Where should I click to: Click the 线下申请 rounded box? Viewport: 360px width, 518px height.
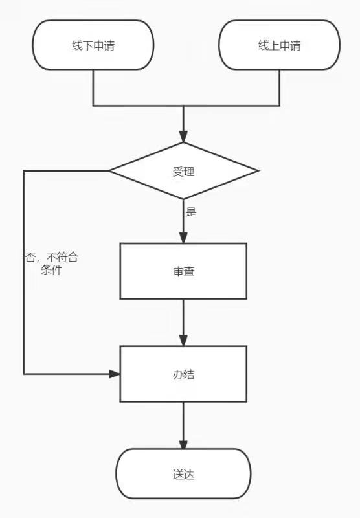[93, 45]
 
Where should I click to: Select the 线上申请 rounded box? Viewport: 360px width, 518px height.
[280, 45]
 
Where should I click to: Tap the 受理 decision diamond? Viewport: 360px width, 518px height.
[183, 171]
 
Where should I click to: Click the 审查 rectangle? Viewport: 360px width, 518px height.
[183, 271]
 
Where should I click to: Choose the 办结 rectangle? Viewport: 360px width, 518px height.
[183, 374]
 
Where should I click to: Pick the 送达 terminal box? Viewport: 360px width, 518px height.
[183, 474]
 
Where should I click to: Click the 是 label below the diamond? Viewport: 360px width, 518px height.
[191, 212]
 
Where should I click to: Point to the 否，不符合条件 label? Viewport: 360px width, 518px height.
[52, 264]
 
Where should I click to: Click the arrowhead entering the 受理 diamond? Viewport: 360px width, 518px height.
[183, 137]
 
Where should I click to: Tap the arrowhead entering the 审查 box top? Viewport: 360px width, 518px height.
[183, 238]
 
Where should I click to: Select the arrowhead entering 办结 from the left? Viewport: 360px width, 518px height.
[114, 374]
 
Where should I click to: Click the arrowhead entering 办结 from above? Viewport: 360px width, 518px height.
[183, 341]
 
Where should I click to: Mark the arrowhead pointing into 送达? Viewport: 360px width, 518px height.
[183, 444]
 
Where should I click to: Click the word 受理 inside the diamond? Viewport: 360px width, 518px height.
[183, 172]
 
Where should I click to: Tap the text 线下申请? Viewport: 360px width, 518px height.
[93, 45]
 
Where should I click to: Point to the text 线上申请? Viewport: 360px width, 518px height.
[280, 45]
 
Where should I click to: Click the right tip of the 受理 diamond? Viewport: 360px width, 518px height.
[258, 171]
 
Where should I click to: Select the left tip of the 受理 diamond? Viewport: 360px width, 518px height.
[109, 171]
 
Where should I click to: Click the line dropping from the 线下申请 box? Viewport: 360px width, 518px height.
[93, 87]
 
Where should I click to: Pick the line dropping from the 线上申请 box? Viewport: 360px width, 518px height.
[280, 87]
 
